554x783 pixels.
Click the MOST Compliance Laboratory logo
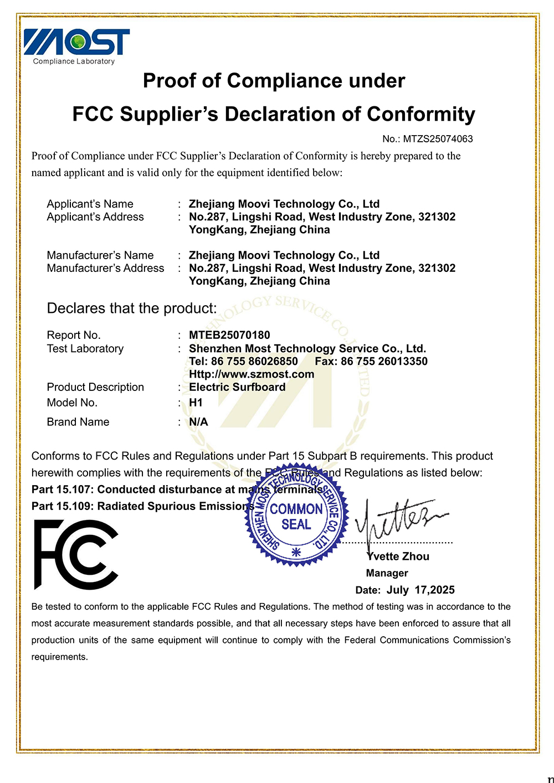(x=76, y=46)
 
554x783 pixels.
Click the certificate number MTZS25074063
(x=438, y=139)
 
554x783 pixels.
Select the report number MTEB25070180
(x=229, y=335)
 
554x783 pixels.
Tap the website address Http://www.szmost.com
(x=252, y=374)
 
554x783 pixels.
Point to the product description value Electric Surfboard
(x=237, y=387)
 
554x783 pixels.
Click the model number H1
(x=196, y=403)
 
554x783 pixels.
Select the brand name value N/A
(x=198, y=422)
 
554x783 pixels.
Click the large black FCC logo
(x=76, y=554)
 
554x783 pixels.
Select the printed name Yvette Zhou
(x=398, y=557)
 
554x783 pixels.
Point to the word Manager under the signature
(x=387, y=573)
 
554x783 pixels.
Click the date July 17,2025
(x=420, y=590)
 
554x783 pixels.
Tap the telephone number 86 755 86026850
(x=254, y=362)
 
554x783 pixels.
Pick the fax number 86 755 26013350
(x=384, y=362)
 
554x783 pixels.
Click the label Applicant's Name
(x=90, y=204)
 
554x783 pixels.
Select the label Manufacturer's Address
(x=105, y=268)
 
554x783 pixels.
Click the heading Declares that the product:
(x=132, y=308)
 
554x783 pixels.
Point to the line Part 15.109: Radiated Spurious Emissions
(x=143, y=506)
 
